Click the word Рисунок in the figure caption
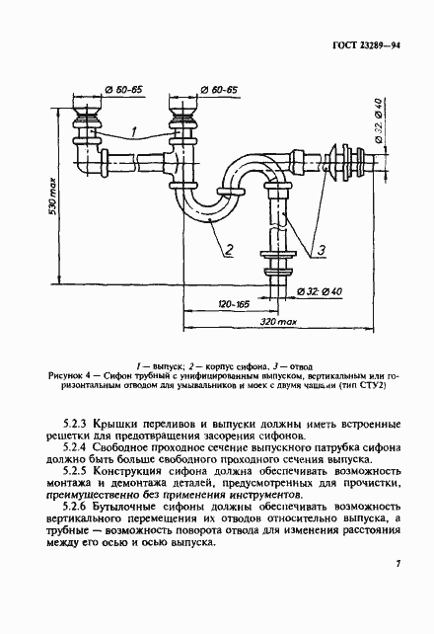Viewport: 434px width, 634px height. point(65,376)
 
